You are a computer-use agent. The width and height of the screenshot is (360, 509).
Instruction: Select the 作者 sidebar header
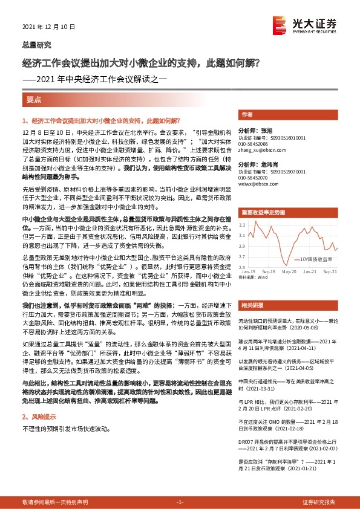[246, 114]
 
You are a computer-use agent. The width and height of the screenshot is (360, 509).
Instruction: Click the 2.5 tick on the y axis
[241, 267]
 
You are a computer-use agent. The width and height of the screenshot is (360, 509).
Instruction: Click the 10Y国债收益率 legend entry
[314, 258]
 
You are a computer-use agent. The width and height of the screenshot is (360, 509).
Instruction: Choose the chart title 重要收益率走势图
[263, 213]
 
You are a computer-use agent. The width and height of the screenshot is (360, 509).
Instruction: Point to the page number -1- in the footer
[179, 502]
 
